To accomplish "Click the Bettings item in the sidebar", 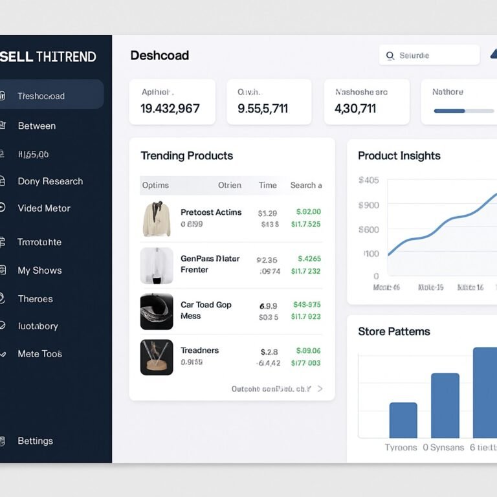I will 35,441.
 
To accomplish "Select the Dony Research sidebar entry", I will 50,181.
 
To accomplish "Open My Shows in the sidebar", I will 39,271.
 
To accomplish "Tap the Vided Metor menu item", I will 44,208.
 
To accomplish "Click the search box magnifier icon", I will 390,56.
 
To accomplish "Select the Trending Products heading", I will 186,156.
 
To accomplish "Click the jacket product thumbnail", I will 157,219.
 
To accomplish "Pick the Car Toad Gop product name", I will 206,305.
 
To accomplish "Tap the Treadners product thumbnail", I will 157,357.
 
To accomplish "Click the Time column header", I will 268,185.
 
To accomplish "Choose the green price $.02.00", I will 308,212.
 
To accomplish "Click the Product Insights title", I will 399,156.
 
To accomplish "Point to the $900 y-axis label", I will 369,205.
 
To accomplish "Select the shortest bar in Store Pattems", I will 403,420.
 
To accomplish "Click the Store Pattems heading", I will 394,331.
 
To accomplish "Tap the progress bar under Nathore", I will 464,111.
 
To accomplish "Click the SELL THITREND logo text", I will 49,56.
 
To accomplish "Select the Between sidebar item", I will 37,126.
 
